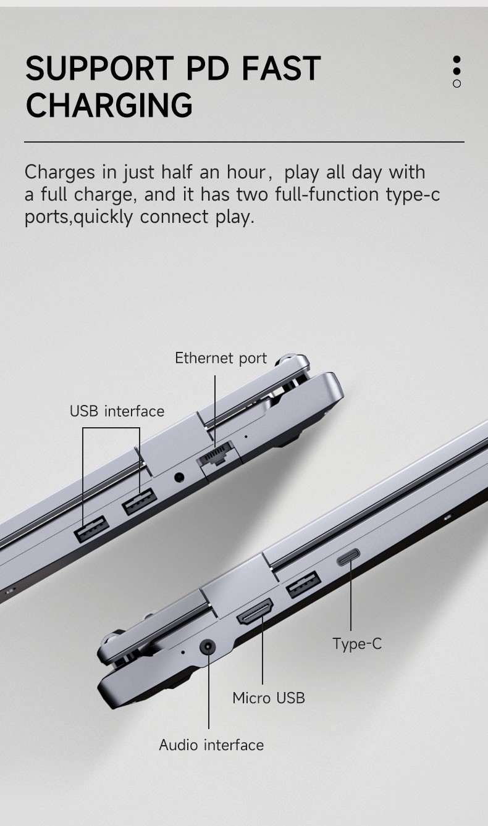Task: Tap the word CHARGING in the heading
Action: pos(109,105)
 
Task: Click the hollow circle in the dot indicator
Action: pos(456,84)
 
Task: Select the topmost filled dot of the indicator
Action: pos(456,60)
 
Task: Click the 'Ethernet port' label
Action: pos(221,358)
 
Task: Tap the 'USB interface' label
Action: pos(117,411)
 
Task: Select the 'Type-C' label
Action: pos(357,644)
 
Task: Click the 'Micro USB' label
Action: pos(269,698)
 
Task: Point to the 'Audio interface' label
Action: pos(211,745)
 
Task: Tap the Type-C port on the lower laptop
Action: pos(348,557)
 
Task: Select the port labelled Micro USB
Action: pos(255,611)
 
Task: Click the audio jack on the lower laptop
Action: pos(208,647)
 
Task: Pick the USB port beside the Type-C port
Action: pos(304,584)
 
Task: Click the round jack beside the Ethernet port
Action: pos(179,477)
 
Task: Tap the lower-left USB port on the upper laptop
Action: pos(91,529)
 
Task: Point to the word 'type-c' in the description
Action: pos(413,194)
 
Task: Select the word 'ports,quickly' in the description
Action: pos(79,217)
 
